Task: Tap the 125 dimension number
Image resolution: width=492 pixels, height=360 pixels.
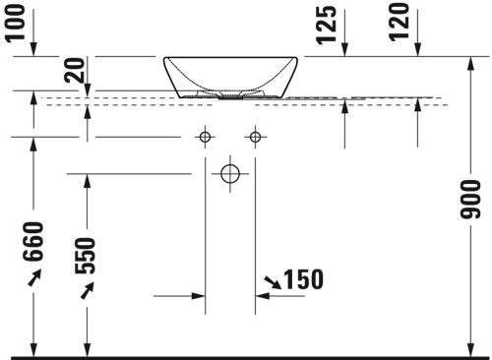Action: (328, 24)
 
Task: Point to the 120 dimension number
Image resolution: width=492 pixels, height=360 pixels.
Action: (399, 22)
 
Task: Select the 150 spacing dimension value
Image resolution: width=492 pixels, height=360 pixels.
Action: (304, 280)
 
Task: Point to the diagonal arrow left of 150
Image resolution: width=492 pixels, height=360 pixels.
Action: (269, 285)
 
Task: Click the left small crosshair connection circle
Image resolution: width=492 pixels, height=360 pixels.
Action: (205, 137)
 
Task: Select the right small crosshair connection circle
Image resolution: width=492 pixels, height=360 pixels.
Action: (256, 137)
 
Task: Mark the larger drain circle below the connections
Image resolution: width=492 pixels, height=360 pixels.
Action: (230, 175)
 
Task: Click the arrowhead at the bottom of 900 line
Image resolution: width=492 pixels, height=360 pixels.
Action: (467, 350)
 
